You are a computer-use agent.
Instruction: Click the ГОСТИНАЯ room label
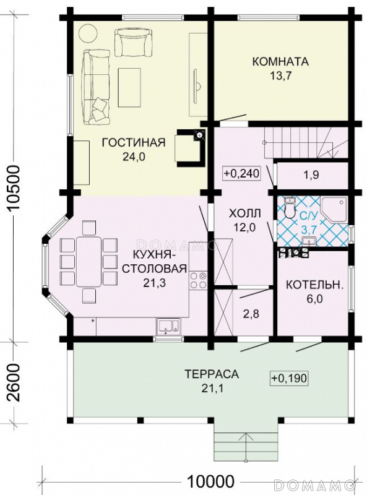coord(134,142)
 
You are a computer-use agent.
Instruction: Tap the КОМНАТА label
coord(280,61)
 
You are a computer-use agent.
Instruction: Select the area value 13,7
coord(280,75)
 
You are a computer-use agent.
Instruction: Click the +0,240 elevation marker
coord(241,173)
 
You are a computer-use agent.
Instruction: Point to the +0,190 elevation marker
coord(289,378)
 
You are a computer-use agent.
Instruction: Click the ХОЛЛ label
coord(245,213)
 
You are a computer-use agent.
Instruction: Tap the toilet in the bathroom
coord(288,207)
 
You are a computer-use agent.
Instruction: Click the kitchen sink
coord(168,326)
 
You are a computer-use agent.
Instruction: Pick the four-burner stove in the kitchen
coord(198,280)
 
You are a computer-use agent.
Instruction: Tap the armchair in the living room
coord(133,42)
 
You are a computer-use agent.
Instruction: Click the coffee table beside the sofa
coord(129,87)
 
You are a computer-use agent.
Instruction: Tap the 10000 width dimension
coord(210,482)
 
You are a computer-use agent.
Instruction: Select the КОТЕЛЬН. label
coord(314,285)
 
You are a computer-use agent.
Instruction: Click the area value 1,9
coord(311,175)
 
